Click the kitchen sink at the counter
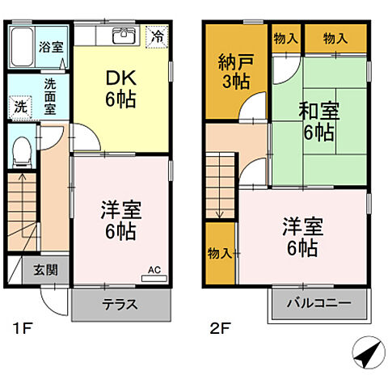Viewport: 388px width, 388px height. coord(123,37)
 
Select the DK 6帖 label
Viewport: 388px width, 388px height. coord(120,88)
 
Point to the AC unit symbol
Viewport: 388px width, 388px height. coord(153,276)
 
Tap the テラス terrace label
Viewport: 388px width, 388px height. coord(120,306)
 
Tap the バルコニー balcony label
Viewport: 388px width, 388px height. coord(320,305)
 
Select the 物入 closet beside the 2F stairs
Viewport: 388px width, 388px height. coord(219,253)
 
